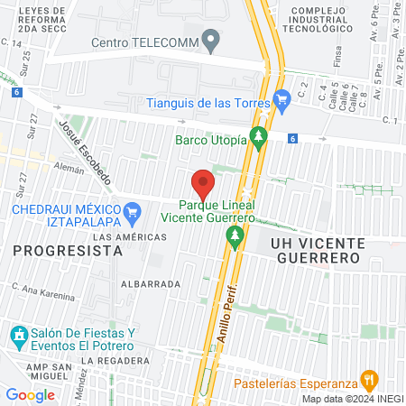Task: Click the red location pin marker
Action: (x=203, y=183)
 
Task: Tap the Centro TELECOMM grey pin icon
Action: (x=210, y=40)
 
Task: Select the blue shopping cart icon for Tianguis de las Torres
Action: (x=282, y=98)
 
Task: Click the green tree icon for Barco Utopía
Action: (x=260, y=138)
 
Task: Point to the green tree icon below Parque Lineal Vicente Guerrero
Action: (x=235, y=237)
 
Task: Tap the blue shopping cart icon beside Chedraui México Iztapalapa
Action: (x=134, y=216)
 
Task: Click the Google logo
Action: (x=30, y=394)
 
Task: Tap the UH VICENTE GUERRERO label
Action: (x=316, y=251)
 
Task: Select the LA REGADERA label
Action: (x=119, y=361)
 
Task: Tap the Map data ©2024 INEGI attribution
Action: (x=352, y=399)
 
